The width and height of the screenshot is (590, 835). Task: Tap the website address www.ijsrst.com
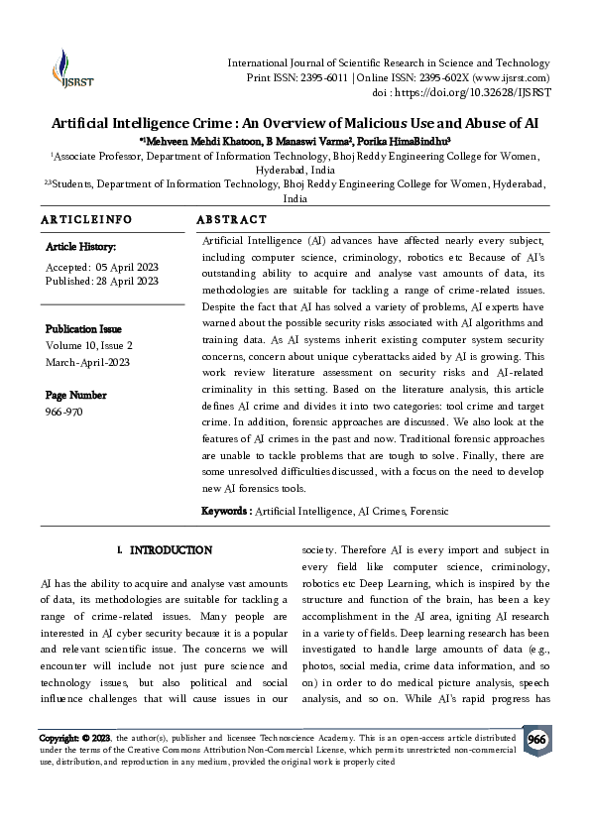click(x=512, y=77)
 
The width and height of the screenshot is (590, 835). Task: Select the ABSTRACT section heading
click(x=231, y=219)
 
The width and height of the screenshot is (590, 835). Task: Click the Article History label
click(x=80, y=246)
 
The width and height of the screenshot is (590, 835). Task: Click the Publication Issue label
click(x=83, y=328)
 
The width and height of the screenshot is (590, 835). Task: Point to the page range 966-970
click(x=67, y=411)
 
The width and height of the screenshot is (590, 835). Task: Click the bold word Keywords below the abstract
click(x=226, y=511)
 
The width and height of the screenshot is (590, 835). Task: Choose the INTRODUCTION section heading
click(x=171, y=549)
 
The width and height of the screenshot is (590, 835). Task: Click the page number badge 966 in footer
click(x=535, y=741)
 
